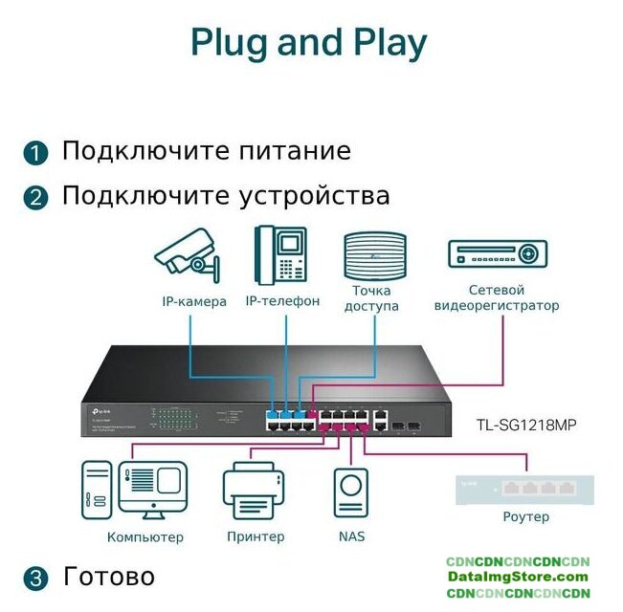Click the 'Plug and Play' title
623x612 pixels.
(308, 43)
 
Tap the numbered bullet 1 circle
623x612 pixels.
(35, 153)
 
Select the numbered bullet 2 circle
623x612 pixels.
(35, 198)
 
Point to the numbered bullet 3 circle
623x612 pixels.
(35, 579)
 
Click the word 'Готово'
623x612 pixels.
(108, 577)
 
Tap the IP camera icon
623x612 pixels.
(188, 253)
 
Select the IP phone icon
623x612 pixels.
(280, 255)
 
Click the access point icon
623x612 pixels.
(375, 255)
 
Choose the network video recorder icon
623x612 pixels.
(498, 253)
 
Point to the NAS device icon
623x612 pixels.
(351, 493)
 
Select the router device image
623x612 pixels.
(525, 489)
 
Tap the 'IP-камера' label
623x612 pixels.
(194, 302)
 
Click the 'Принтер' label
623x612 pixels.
(256, 536)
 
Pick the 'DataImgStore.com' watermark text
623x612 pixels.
(518, 577)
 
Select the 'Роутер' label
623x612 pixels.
(525, 517)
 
